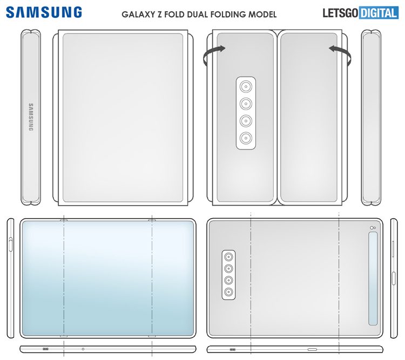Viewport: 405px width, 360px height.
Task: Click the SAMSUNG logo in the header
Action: [45, 12]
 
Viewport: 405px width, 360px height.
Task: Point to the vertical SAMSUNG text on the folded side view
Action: [30, 117]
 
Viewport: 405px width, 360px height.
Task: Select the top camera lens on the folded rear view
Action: [246, 86]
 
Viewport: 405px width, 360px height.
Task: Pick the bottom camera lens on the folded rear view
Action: [246, 137]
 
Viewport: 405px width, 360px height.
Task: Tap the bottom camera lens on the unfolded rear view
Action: [228, 292]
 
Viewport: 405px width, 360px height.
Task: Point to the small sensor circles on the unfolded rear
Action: [373, 227]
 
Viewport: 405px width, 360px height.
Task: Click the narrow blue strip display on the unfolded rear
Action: [373, 280]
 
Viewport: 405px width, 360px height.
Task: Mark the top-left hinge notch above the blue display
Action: [64, 220]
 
